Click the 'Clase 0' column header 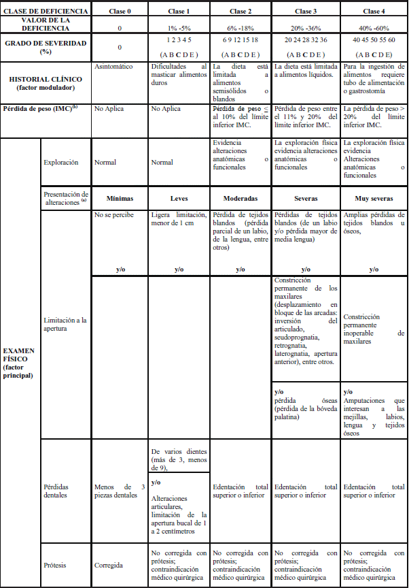120,12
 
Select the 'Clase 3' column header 305,12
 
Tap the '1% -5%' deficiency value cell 179,28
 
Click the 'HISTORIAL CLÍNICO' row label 46,84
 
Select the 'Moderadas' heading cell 241,199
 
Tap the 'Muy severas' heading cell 373,199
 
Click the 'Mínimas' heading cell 120,199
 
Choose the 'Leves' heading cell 179,199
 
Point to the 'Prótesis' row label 56,565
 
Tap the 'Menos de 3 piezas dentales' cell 120,491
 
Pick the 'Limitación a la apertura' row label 65,325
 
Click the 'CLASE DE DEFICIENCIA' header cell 46,12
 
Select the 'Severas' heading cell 305,199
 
